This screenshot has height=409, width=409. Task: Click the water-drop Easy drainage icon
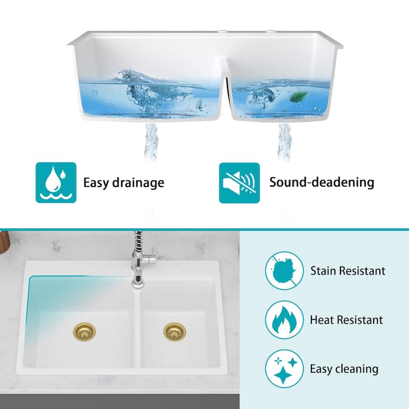point(56,183)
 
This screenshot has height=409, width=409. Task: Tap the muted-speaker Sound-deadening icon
point(239,183)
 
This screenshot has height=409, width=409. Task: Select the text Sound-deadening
point(322,182)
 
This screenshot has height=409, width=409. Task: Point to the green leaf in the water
point(297,96)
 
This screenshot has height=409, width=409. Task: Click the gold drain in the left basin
point(83,332)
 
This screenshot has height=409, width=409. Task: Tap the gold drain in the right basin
point(174,332)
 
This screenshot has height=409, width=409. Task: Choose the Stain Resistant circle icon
point(283,271)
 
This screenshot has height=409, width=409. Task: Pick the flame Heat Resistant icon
point(283,320)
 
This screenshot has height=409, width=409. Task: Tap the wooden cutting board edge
point(4,243)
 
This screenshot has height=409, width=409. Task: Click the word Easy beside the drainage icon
point(98,183)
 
